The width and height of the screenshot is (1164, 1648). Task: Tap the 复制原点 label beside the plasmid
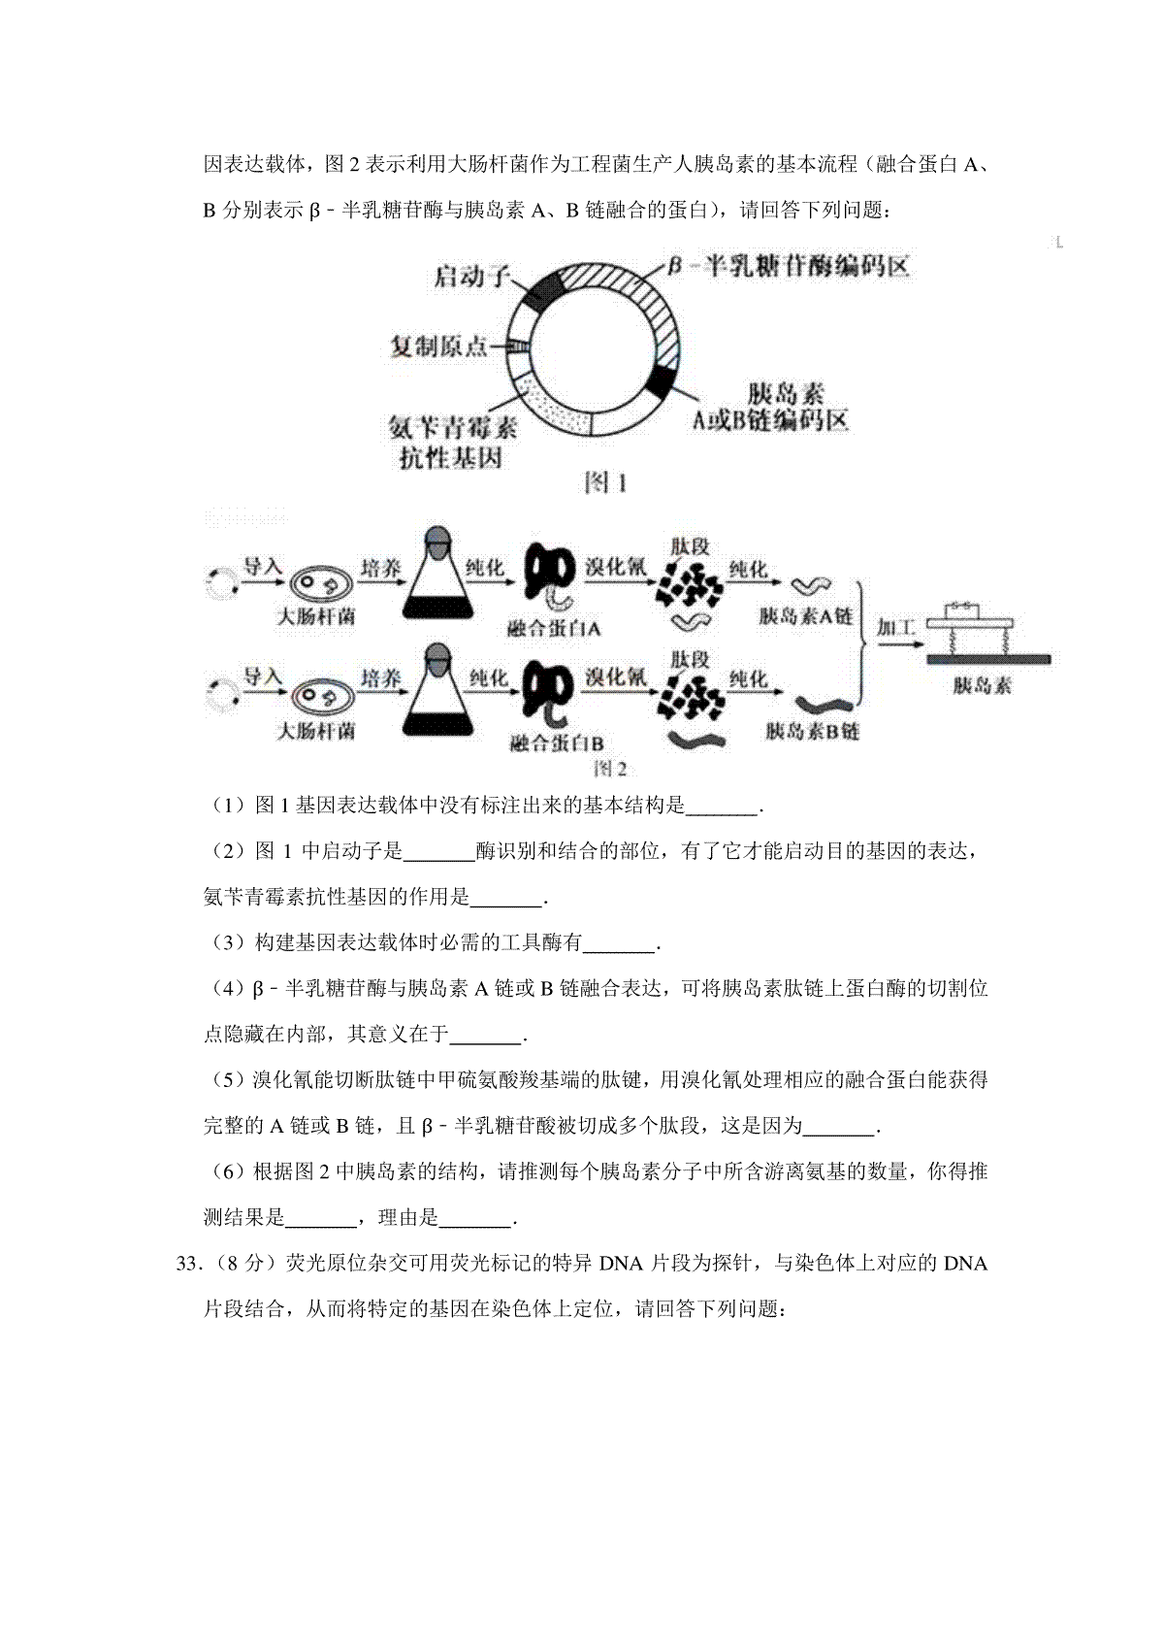(x=438, y=346)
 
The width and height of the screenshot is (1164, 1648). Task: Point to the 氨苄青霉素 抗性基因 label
(x=452, y=442)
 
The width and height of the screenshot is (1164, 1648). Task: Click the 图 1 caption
(x=605, y=483)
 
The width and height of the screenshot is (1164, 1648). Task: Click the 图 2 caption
(x=609, y=769)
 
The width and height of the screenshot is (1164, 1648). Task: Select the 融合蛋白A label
(x=554, y=629)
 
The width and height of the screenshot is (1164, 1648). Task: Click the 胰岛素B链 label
(x=812, y=731)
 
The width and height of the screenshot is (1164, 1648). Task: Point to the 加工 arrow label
(x=895, y=628)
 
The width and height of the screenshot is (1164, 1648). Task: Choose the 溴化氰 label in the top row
(x=615, y=567)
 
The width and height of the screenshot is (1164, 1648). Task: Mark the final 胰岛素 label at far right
(x=982, y=685)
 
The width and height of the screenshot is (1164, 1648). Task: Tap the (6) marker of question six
(x=228, y=1171)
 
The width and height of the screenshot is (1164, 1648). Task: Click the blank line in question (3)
(x=621, y=942)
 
